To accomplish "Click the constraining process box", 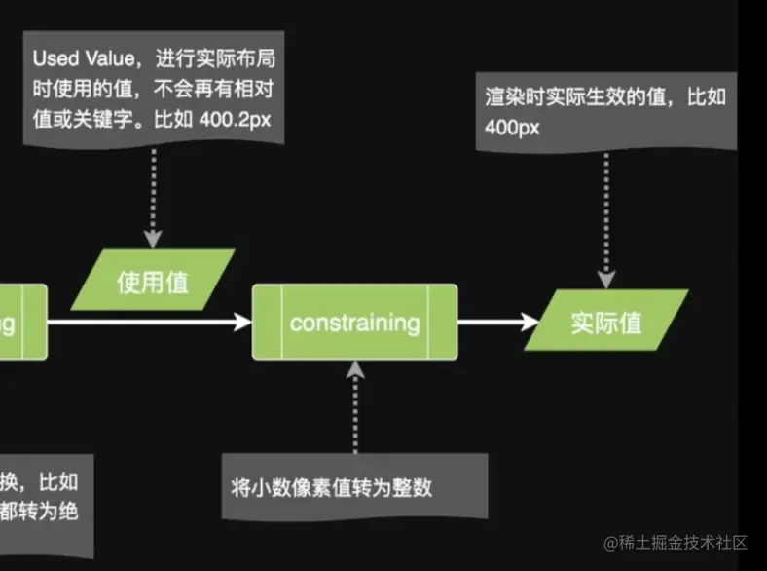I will coord(354,322).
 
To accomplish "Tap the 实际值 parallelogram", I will coord(605,323).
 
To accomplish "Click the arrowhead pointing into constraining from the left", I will coord(242,322).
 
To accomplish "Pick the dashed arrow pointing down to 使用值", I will coord(152,200).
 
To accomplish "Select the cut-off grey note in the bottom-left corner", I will coord(44,497).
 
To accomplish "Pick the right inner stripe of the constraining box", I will coord(444,322).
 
